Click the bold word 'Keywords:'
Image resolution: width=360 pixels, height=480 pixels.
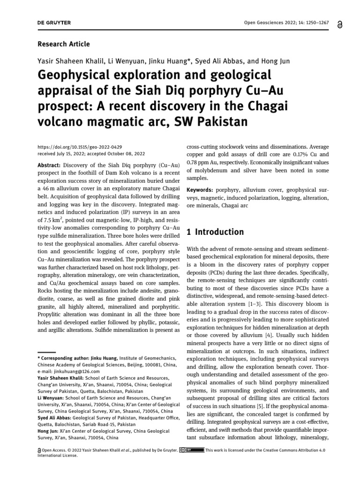pyautogui.click(x=200, y=190)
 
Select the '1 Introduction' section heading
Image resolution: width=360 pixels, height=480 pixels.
pyautogui.click(x=215, y=232)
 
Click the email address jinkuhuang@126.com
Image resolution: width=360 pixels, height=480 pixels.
pyautogui.click(x=68, y=371)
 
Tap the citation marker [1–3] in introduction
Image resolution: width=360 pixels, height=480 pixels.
pyautogui.click(x=254, y=304)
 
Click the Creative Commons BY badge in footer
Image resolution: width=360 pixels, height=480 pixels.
pyautogui.click(x=192, y=450)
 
